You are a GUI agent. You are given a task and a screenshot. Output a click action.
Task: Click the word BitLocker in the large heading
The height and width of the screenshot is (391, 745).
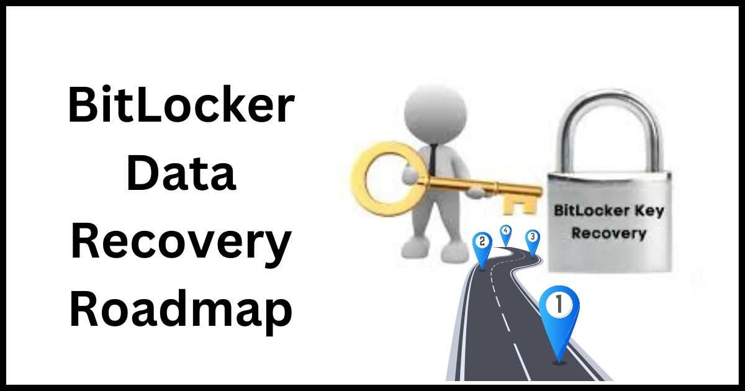click(181, 104)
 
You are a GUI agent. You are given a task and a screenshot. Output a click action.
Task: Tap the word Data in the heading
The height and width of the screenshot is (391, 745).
click(181, 173)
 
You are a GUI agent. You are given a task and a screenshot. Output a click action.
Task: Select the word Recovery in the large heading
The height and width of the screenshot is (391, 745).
click(181, 241)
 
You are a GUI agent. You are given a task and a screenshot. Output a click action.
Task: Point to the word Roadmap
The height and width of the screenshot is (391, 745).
click(181, 309)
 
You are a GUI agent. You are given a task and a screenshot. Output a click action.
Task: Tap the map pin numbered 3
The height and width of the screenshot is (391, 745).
click(533, 243)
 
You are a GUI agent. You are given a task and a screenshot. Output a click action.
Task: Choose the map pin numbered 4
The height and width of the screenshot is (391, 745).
click(506, 235)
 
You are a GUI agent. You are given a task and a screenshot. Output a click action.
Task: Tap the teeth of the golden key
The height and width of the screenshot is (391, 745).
click(520, 205)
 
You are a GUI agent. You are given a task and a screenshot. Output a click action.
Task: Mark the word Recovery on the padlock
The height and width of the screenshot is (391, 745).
click(608, 233)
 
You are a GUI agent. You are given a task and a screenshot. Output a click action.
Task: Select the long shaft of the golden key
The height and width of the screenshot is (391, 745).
click(478, 186)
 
